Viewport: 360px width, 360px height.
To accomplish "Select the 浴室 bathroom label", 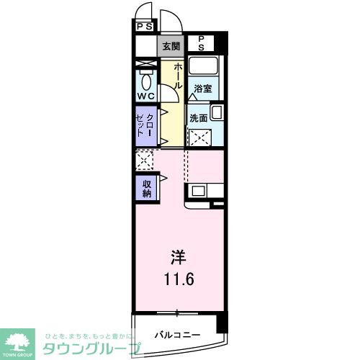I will click(202, 89).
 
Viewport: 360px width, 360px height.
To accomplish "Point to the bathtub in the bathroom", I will click(204, 68).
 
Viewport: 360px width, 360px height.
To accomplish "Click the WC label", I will click(146, 96).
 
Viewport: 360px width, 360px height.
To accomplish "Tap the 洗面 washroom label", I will click(199, 117).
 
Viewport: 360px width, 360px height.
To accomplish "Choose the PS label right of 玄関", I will click(202, 42).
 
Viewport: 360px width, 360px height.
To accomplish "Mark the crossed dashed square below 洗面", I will click(199, 137).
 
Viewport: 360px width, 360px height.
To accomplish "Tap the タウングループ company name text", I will click(90, 347).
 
